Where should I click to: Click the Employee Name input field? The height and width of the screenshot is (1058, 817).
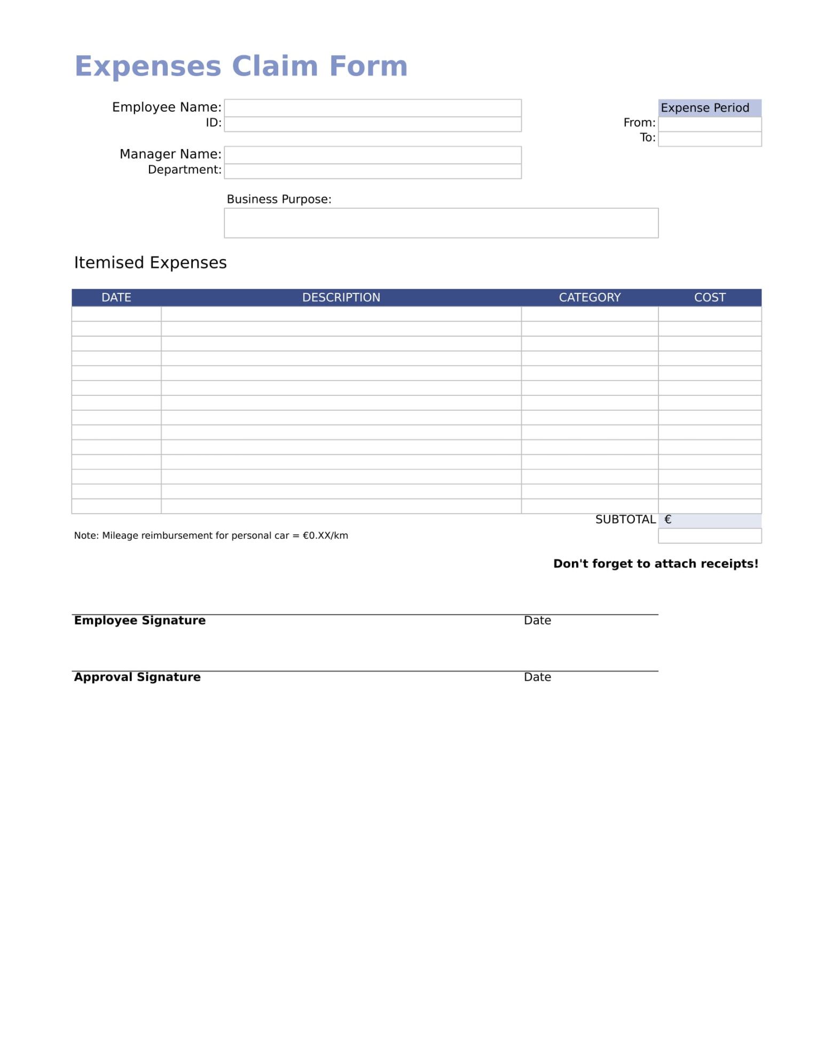(372, 108)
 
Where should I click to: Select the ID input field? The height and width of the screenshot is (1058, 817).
(372, 124)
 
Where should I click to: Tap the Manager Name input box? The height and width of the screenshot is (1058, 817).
(372, 155)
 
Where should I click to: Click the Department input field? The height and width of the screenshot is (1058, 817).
(372, 171)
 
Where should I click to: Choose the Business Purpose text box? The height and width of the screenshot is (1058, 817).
(441, 223)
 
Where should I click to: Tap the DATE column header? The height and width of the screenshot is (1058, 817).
(116, 298)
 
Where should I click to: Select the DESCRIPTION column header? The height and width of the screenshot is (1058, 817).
(341, 298)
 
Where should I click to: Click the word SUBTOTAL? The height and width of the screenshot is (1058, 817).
(625, 519)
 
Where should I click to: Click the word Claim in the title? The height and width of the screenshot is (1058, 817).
(274, 66)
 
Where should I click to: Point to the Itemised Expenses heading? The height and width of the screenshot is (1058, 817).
(150, 263)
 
